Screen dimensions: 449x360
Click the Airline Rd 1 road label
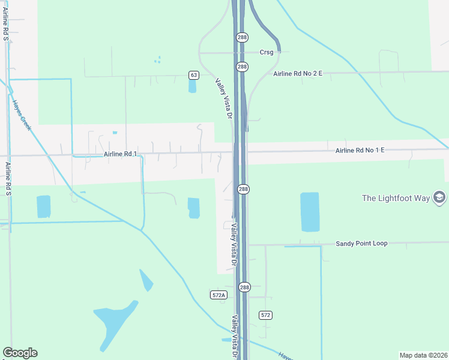[121, 154]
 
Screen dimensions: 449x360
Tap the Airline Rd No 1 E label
[360, 150]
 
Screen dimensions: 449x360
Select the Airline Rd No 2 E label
[298, 73]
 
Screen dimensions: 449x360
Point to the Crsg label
[267, 52]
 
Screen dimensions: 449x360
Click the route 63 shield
[193, 75]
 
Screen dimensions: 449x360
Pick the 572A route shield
[219, 295]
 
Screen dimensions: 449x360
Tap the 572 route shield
[266, 315]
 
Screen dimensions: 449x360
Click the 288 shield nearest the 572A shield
[244, 288]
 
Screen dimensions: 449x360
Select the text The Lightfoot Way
[396, 198]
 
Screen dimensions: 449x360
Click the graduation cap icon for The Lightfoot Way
[439, 198]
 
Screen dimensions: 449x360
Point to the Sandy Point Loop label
[361, 243]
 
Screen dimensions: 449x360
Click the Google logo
[20, 353]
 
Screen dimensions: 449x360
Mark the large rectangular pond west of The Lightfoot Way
[310, 212]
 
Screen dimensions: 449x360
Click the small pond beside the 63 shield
[192, 86]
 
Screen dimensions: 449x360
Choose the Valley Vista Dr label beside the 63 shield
[223, 98]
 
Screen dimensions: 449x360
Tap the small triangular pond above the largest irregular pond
[146, 280]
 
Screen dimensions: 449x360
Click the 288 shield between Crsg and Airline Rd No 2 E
[242, 67]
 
